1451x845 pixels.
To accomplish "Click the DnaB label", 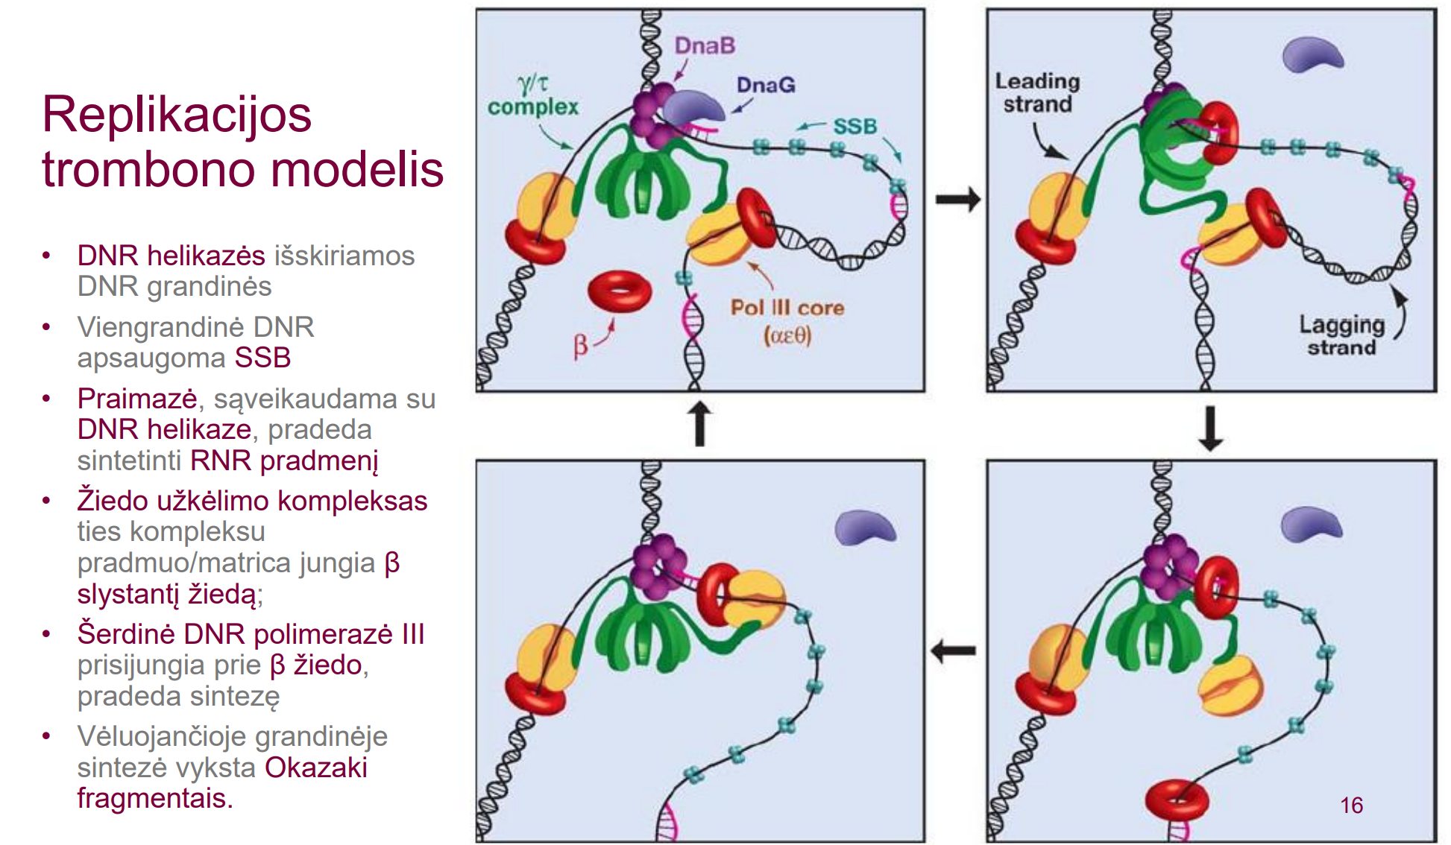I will (x=705, y=46).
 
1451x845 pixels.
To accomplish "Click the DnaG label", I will (x=766, y=85).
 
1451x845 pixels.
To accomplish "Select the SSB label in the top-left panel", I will (x=854, y=127).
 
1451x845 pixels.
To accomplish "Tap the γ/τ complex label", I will (x=533, y=96).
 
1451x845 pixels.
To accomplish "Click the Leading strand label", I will (x=1037, y=92).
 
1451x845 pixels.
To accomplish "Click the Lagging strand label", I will (x=1341, y=336).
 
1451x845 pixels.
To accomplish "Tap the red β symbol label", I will (x=581, y=346).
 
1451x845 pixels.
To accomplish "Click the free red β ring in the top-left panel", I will (x=620, y=291).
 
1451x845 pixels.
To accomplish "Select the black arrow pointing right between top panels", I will (x=957, y=200).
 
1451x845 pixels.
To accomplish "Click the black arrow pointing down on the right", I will (x=1210, y=428).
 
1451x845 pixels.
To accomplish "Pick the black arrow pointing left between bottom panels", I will (x=954, y=651).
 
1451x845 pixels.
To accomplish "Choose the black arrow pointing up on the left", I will (x=699, y=423).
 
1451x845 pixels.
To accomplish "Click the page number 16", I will (x=1351, y=806).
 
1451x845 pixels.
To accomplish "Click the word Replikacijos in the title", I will (x=177, y=115).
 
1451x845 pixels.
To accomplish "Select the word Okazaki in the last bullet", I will (x=316, y=768).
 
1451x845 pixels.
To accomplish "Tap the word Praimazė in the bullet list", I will (x=137, y=399).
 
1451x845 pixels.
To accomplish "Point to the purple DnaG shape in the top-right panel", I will (x=1312, y=54).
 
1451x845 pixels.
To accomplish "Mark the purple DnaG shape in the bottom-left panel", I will (x=864, y=527).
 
